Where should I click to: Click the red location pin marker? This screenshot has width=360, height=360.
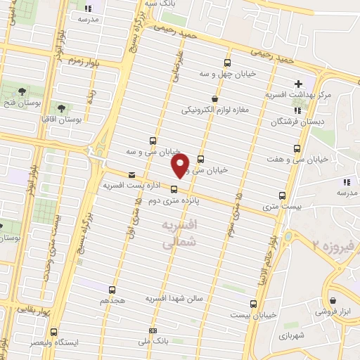point(181,166)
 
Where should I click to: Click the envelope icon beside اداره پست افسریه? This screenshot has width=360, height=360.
point(131,174)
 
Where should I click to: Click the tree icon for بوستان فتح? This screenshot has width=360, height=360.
point(22,91)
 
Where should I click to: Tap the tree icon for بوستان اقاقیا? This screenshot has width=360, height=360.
point(61,108)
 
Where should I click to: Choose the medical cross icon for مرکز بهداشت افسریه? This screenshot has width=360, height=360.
point(299,83)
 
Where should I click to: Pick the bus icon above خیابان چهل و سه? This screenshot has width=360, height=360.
point(226,62)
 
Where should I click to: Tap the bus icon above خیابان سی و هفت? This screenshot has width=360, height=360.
point(297,149)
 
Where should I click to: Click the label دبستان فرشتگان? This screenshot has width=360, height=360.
point(295,122)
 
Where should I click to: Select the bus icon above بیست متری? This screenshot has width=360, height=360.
point(283,195)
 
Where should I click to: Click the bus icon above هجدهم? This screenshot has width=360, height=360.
point(112,289)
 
